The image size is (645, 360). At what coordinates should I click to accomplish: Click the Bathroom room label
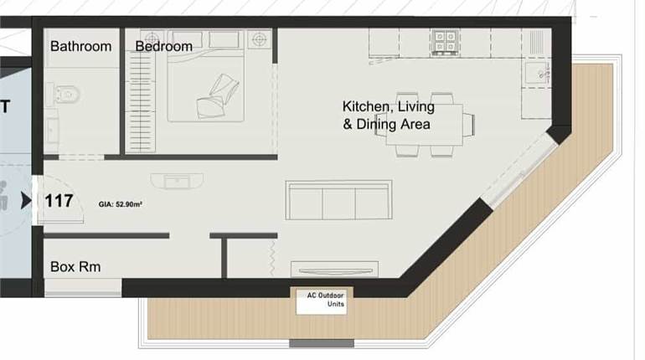80,46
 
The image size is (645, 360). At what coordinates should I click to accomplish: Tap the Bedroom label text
164,46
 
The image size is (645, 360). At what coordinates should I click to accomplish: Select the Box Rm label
75,268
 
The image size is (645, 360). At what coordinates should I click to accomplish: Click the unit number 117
59,201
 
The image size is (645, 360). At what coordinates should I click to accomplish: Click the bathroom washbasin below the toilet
53,131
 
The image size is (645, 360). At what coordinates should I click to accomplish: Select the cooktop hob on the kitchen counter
444,39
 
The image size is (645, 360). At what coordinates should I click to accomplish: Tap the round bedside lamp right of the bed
260,39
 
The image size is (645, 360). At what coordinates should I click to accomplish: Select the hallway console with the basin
177,180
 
